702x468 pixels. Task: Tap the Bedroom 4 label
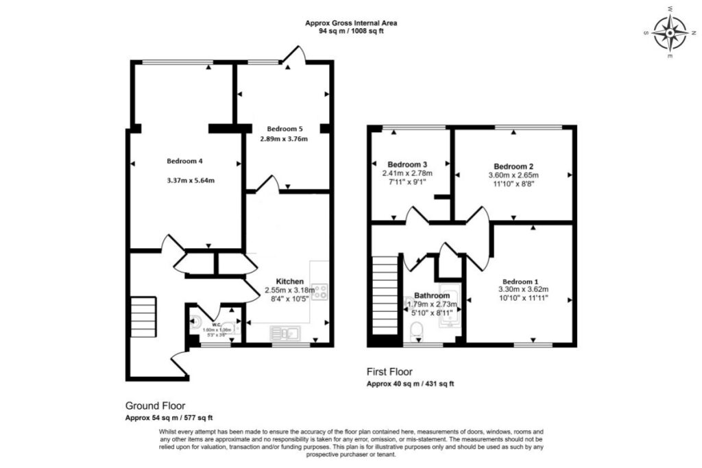(x=184, y=161)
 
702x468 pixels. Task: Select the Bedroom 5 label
(x=284, y=128)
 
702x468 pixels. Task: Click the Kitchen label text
(x=290, y=281)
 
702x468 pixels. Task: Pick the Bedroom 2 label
(x=513, y=167)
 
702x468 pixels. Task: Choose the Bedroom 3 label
(x=407, y=164)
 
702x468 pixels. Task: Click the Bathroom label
(x=432, y=295)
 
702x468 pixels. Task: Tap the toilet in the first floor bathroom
(x=416, y=334)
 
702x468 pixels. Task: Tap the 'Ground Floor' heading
(x=155, y=405)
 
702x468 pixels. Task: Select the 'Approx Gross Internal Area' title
(x=351, y=23)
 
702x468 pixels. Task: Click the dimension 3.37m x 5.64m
(x=191, y=181)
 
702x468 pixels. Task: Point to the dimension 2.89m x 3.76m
(x=284, y=139)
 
